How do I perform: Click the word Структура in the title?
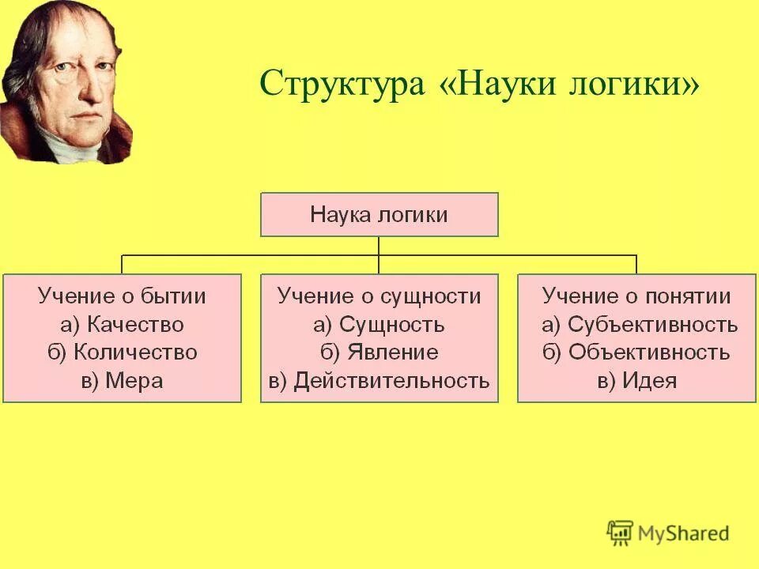[x=342, y=82]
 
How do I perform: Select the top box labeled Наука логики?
[x=379, y=214]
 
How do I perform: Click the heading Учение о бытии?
[x=122, y=296]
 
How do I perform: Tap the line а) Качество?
[x=122, y=324]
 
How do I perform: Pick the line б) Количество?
[x=122, y=352]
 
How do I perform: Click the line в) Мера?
[x=122, y=381]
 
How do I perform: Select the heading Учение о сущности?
[x=379, y=296]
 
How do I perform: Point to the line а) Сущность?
[x=379, y=324]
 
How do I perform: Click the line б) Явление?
[x=379, y=352]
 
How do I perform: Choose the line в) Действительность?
[x=379, y=381]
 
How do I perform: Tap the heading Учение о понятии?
[x=636, y=296]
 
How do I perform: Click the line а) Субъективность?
[x=639, y=324]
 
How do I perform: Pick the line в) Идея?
[x=636, y=381]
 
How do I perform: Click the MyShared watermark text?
[x=684, y=533]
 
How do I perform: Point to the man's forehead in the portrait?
[x=75, y=36]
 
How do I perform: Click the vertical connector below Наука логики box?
[x=379, y=246]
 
